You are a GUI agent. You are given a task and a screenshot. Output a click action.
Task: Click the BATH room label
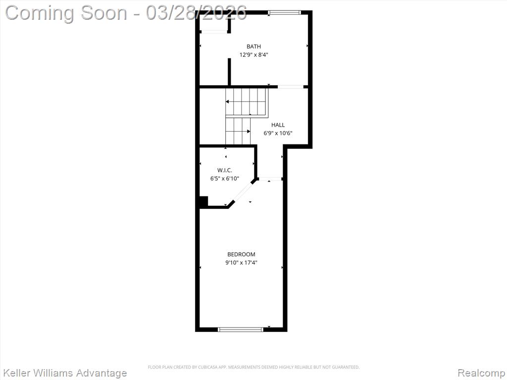tap(253, 47)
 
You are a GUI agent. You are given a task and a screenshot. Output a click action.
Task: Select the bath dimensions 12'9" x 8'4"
tap(253, 55)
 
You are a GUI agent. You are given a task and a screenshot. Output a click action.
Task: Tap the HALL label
tap(278, 125)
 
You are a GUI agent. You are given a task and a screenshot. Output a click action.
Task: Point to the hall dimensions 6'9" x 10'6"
tap(278, 133)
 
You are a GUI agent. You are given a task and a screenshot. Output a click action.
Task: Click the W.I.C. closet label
tap(225, 170)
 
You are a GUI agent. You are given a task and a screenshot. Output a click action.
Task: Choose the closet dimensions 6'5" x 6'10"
tap(225, 178)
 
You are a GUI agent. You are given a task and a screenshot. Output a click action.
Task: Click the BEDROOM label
tap(241, 254)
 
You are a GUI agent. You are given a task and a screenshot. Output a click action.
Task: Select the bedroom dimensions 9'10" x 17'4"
tap(241, 263)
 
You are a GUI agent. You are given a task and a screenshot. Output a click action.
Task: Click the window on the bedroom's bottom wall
tap(241, 330)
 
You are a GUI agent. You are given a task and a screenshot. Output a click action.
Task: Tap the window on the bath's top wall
tap(285, 12)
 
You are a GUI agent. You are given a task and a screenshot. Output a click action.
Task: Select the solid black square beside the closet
tap(203, 201)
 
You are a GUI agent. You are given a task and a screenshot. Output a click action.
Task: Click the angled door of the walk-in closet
tap(243, 192)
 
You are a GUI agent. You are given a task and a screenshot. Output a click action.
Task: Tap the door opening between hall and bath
tap(291, 87)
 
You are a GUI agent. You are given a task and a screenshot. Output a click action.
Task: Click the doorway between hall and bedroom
tap(271, 179)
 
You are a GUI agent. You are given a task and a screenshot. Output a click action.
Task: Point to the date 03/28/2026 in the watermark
tap(196, 13)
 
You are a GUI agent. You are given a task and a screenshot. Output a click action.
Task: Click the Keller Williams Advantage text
tap(65, 373)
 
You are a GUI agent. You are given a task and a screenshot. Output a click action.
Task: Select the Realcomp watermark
tap(481, 373)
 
